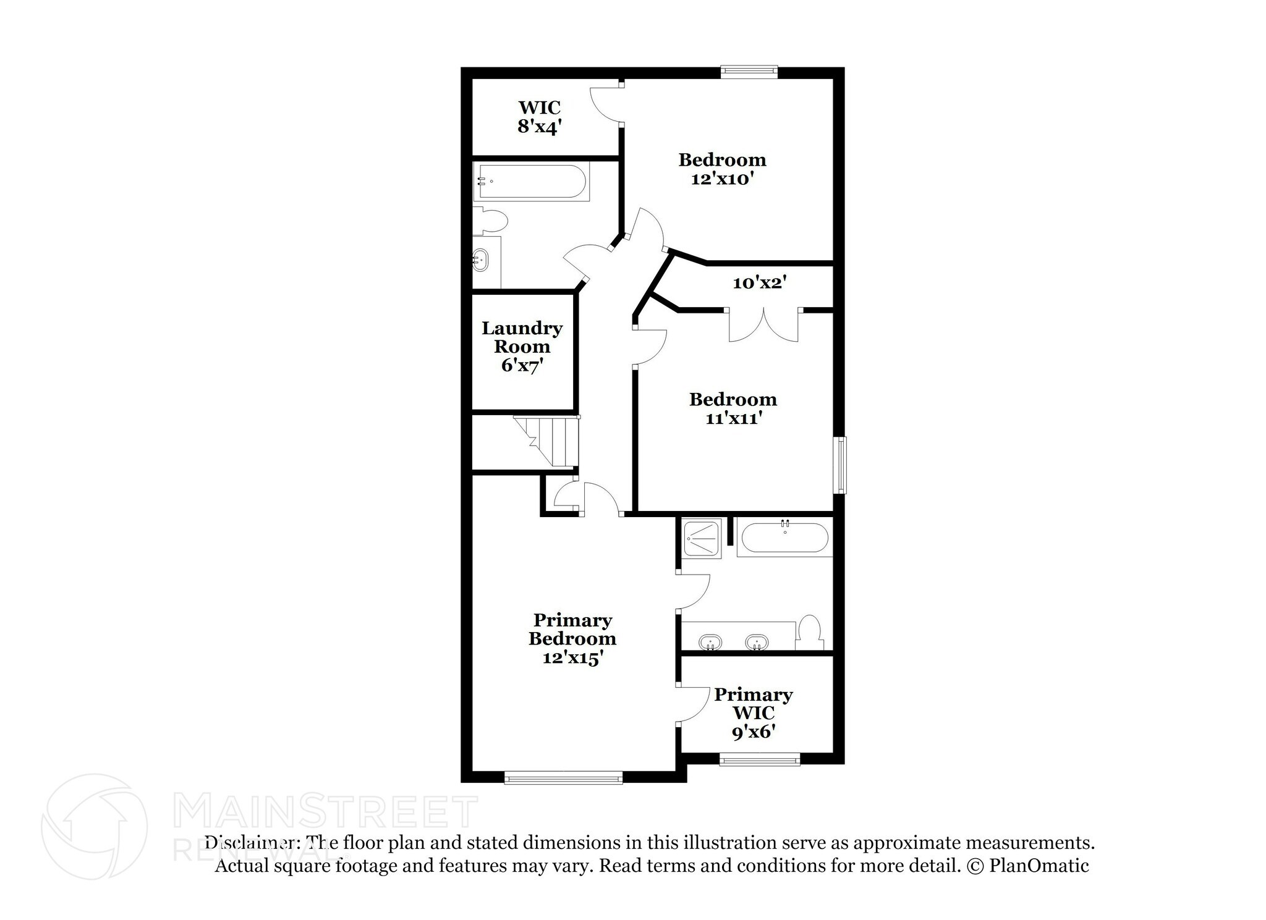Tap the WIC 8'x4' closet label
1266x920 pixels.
pyautogui.click(x=540, y=117)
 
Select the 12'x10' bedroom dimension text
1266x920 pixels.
pyautogui.click(x=723, y=179)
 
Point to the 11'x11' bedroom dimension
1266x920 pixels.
pyautogui.click(x=733, y=418)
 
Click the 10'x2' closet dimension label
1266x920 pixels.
pyautogui.click(x=759, y=283)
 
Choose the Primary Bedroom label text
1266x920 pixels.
pyautogui.click(x=572, y=629)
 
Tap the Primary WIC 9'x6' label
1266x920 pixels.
pyautogui.click(x=753, y=713)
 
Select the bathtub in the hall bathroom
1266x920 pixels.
pyautogui.click(x=531, y=181)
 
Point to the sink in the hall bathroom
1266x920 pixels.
pyautogui.click(x=480, y=260)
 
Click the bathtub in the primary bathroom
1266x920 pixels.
pyautogui.click(x=784, y=538)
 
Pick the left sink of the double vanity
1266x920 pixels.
pyautogui.click(x=711, y=643)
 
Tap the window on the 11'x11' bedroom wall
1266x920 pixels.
pyautogui.click(x=839, y=465)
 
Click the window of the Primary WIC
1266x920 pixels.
pyautogui.click(x=760, y=759)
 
